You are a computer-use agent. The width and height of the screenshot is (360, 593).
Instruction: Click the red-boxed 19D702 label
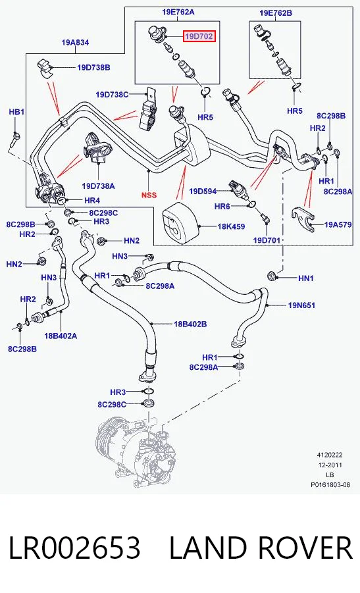(199, 36)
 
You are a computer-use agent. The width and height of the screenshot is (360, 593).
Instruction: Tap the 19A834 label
(75, 43)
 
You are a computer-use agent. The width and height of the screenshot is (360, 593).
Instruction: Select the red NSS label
(149, 195)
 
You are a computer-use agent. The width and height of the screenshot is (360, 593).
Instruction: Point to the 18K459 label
(231, 226)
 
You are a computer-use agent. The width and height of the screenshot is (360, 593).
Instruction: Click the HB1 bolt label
(16, 112)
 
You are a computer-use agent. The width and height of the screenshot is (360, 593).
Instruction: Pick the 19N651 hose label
(301, 305)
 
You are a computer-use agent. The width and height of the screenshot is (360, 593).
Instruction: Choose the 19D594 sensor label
(203, 192)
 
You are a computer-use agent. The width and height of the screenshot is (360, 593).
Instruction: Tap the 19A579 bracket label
(338, 224)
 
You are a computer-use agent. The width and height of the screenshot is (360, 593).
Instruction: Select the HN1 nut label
(306, 278)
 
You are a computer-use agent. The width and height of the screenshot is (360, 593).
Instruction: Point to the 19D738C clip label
(112, 95)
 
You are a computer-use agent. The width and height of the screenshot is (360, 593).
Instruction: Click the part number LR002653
(74, 548)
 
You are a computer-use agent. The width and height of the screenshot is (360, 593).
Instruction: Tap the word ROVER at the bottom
(306, 548)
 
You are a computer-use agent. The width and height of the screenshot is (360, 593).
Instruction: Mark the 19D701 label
(267, 240)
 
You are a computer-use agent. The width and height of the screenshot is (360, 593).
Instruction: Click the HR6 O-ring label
(222, 206)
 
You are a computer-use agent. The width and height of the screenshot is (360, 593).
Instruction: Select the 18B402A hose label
(61, 336)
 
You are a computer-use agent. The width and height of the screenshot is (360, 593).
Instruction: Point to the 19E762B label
(276, 13)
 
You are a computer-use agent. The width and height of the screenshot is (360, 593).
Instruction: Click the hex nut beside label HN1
(272, 275)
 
